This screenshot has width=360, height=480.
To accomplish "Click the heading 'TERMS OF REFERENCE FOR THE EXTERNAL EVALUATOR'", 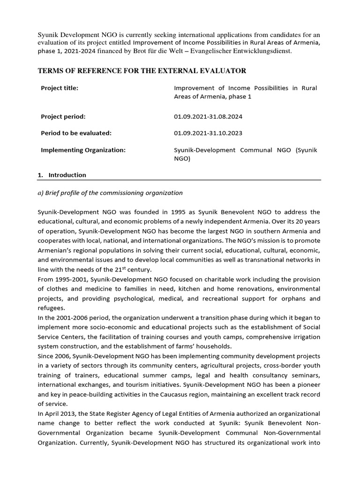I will pos(142,71).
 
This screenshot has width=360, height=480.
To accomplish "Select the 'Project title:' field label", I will pos(60,88).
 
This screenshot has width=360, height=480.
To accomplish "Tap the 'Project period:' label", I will pos(63,117).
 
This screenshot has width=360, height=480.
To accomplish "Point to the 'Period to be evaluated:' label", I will pos(76,133).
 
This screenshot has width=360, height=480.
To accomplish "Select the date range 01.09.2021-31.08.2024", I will pos(208,117).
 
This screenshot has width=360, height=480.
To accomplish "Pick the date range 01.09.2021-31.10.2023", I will pos(208,133).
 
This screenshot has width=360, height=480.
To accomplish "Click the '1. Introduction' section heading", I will pos(62,175).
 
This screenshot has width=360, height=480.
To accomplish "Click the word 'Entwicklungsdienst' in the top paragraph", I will pos(262,51).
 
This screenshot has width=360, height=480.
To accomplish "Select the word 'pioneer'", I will pos(308,385).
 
